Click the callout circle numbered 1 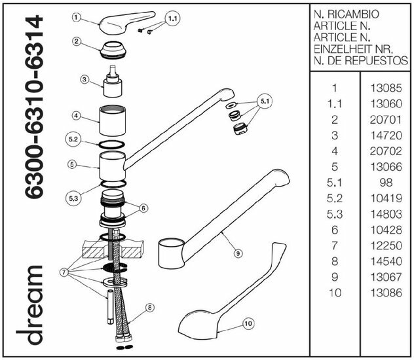click(77, 18)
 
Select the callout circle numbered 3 click(85, 80)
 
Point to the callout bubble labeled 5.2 click(73, 141)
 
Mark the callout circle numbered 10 click(248, 322)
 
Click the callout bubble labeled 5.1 click(265, 103)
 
